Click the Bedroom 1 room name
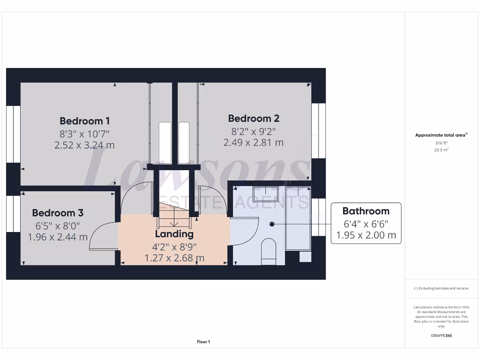pyautogui.click(x=84, y=120)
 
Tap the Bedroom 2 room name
pyautogui.click(x=254, y=118)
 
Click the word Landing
pyautogui.click(x=174, y=233)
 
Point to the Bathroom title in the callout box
pyautogui.click(x=366, y=211)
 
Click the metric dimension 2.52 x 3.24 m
pyautogui.click(x=84, y=145)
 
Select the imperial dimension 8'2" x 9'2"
pyautogui.click(x=254, y=131)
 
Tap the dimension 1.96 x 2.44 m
pyautogui.click(x=58, y=237)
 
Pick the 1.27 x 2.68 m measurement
pyautogui.click(x=174, y=258)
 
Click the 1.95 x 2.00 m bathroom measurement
pyautogui.click(x=366, y=235)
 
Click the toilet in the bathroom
pyautogui.click(x=269, y=251)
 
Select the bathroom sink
pyautogui.click(x=265, y=193)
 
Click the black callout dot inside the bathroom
pyautogui.click(x=271, y=224)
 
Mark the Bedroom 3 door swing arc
pyautogui.click(x=101, y=234)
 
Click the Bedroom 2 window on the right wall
pyautogui.click(x=319, y=130)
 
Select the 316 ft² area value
pyautogui.click(x=441, y=143)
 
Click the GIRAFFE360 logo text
pyautogui.click(x=441, y=336)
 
